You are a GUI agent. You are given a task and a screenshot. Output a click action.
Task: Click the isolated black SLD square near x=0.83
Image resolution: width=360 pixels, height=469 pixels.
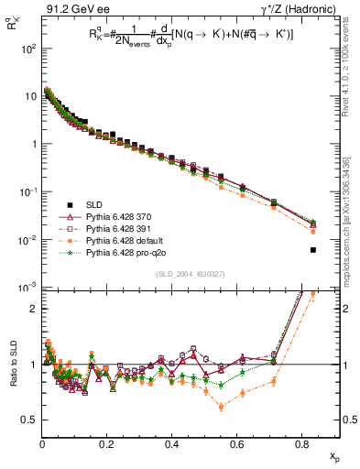313,250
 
